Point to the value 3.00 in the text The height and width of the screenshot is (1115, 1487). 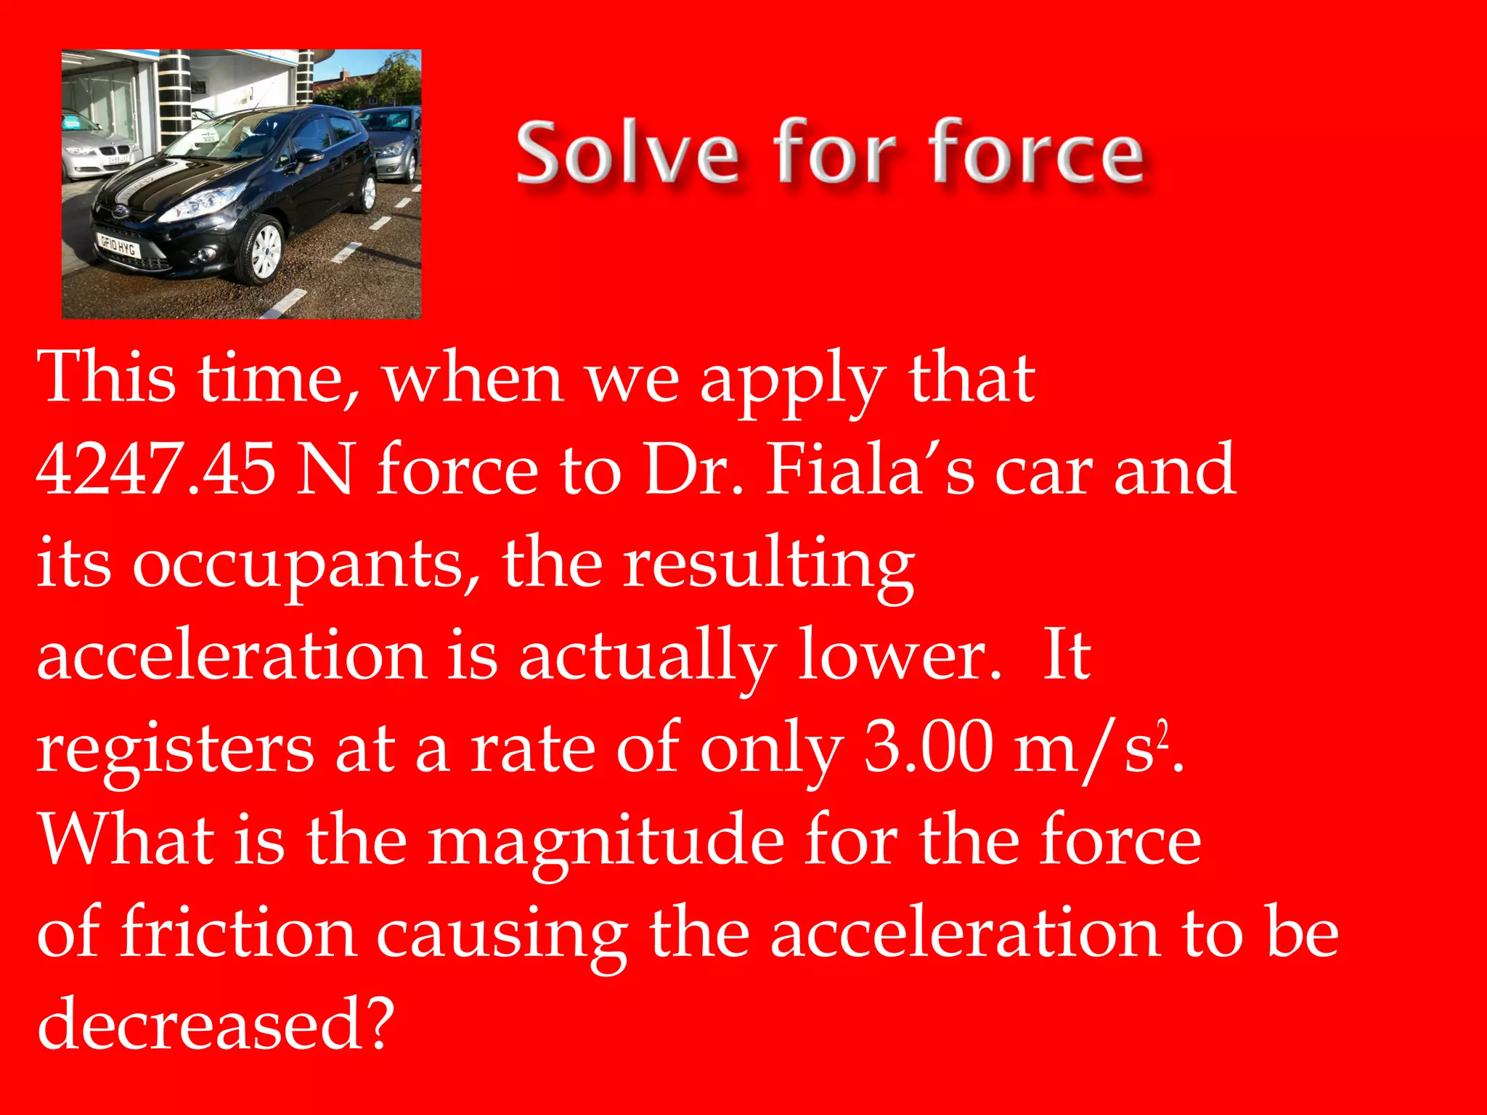[929, 748]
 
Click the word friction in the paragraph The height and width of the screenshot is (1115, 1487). [238, 933]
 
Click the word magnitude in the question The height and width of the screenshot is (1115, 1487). [606, 842]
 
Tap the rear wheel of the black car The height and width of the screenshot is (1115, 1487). [368, 192]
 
